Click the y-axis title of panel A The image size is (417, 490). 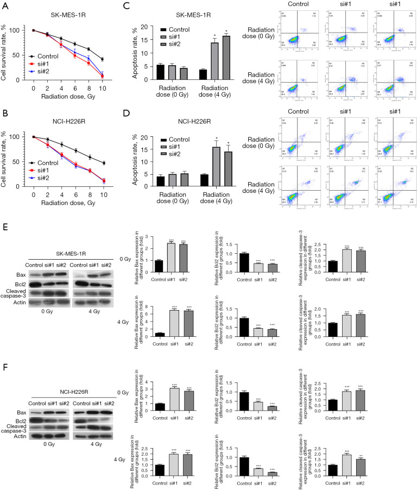[5, 53]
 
